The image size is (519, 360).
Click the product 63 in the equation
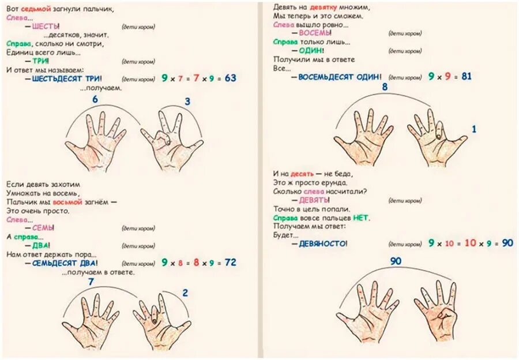(231, 78)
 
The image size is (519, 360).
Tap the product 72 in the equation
(231, 262)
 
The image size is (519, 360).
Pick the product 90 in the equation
(507, 243)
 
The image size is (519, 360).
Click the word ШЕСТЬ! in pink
(46, 27)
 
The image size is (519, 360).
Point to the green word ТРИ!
(40, 61)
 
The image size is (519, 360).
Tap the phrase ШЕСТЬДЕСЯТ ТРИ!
(67, 78)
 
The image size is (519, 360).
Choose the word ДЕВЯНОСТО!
(323, 244)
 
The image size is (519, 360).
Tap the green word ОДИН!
(311, 51)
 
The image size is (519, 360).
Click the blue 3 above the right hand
(187, 102)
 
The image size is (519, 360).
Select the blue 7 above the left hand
(91, 282)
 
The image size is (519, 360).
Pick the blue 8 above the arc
(385, 87)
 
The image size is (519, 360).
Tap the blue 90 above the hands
(396, 261)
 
